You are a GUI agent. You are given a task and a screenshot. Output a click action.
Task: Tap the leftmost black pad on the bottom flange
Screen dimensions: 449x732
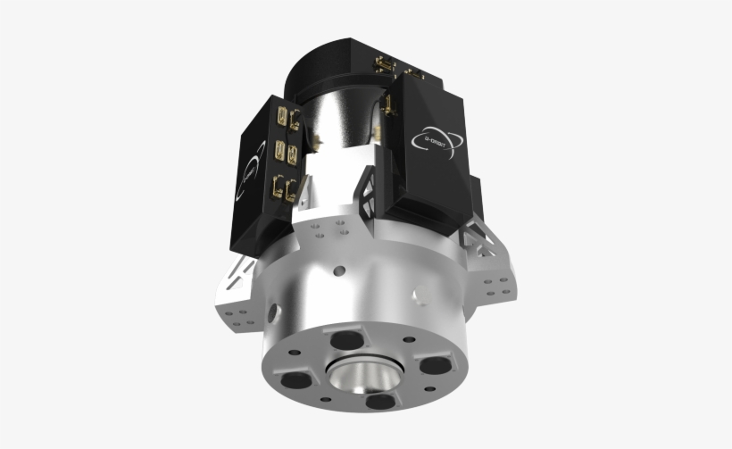[291, 378]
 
